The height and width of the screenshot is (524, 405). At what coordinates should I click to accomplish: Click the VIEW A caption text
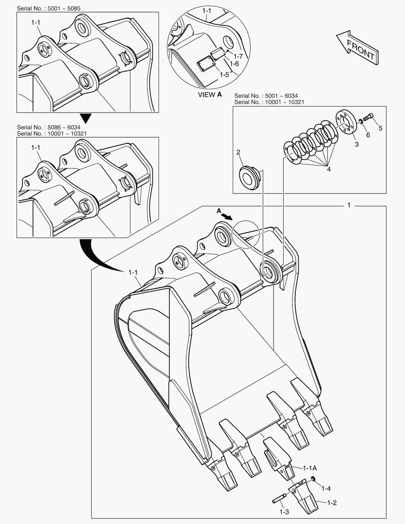(210, 95)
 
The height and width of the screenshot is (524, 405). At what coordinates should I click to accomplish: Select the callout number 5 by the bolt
(380, 128)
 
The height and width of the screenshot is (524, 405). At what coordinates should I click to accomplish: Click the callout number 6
(368, 135)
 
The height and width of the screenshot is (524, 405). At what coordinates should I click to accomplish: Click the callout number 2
(239, 153)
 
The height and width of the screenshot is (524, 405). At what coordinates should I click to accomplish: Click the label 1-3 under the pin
(284, 511)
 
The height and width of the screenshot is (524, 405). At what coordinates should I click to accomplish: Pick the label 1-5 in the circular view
(224, 75)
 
